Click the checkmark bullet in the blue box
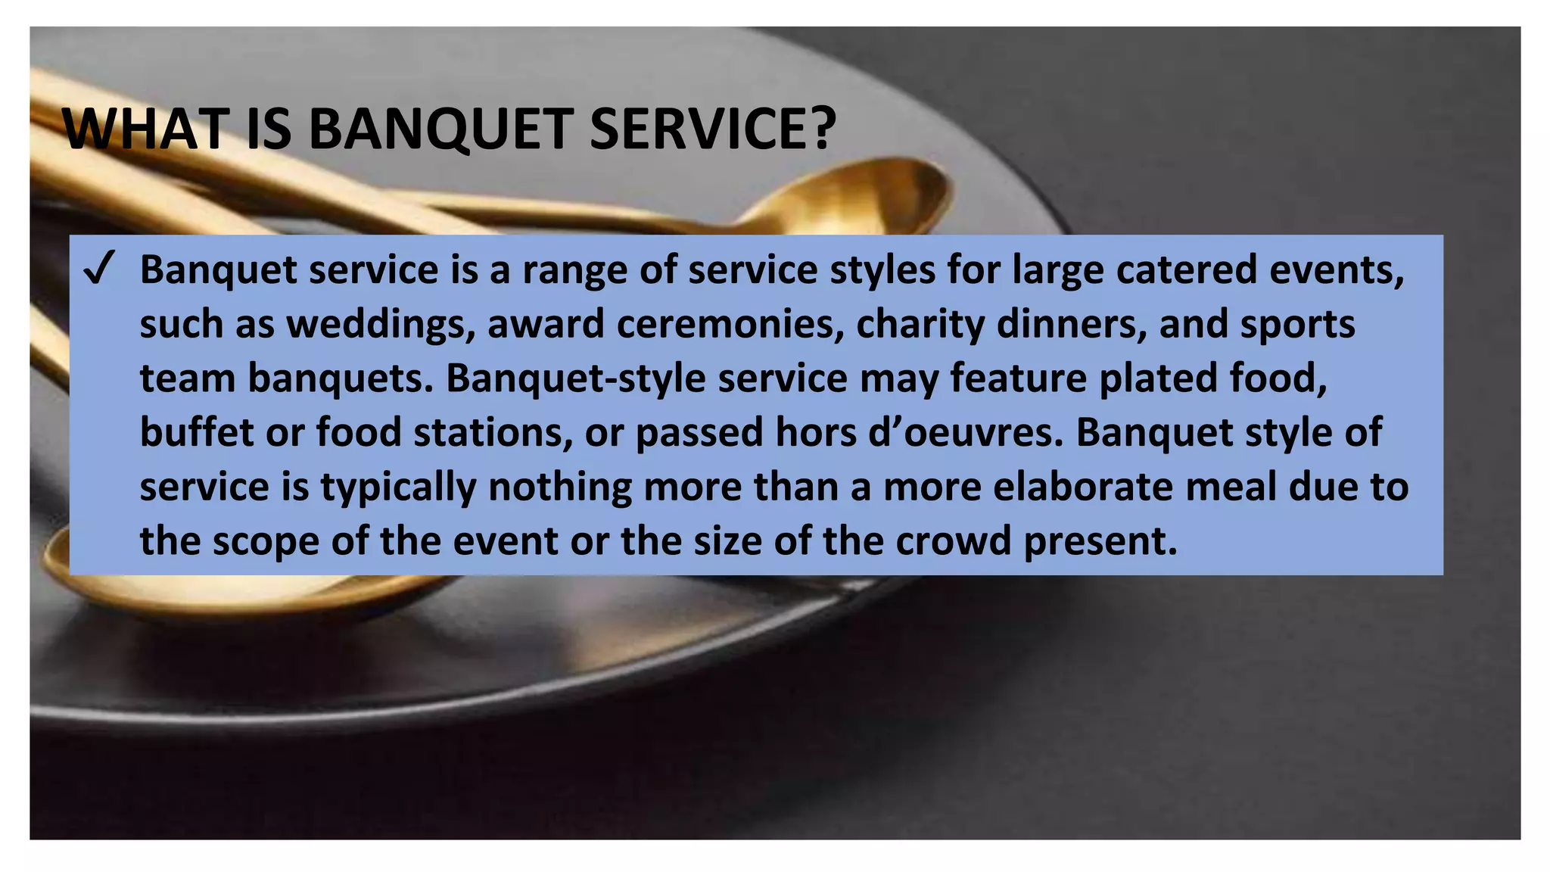(99, 269)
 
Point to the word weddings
(381, 325)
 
